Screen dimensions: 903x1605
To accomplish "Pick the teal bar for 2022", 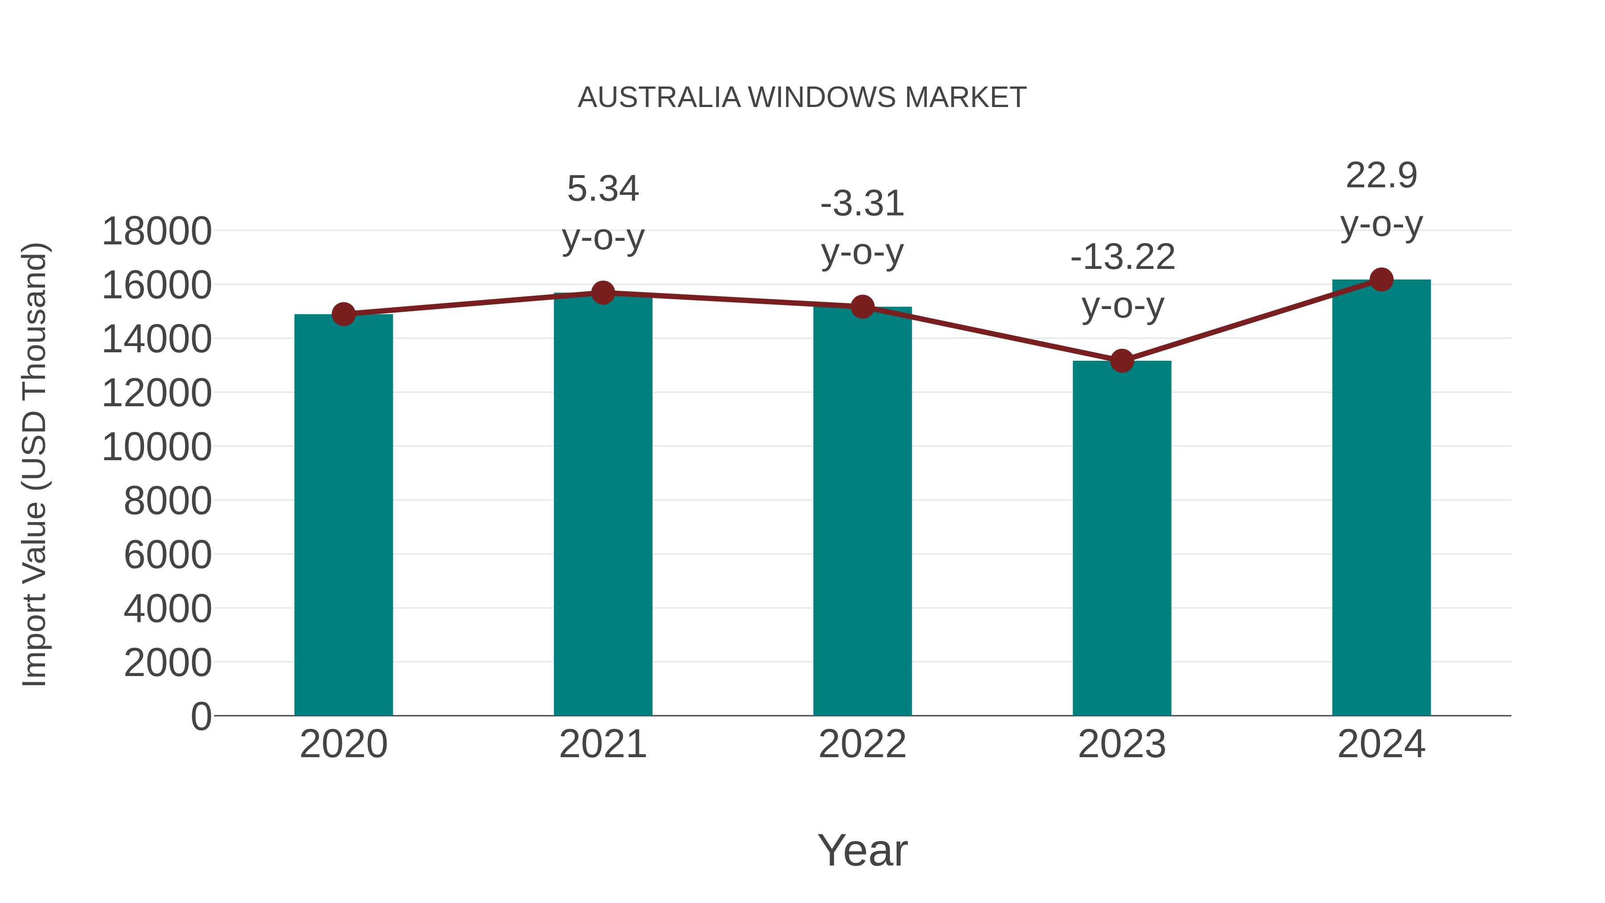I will (862, 511).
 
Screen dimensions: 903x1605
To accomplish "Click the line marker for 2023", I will (1122, 361).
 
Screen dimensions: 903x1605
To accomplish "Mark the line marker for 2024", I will (1381, 280).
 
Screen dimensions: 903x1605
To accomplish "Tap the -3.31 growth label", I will (862, 204).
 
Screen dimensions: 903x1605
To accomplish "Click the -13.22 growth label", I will (1122, 257).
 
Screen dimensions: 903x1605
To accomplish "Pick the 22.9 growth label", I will (1381, 176).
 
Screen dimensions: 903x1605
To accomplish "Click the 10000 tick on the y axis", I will (156, 447).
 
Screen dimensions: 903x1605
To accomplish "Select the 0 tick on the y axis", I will (201, 716).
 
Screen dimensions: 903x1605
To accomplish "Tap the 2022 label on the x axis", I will (862, 744).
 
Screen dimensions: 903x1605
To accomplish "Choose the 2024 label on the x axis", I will (1381, 744).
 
